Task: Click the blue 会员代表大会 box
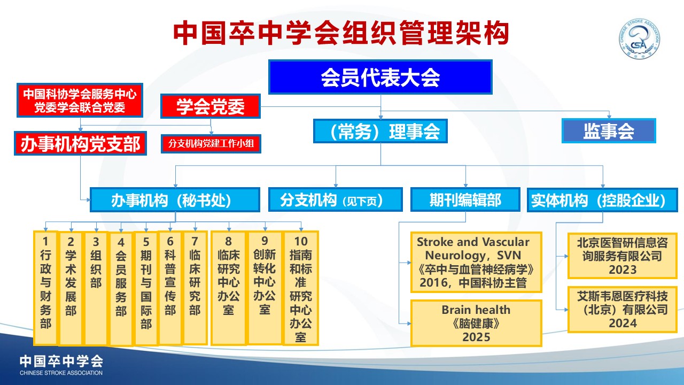click(380, 77)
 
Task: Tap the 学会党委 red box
click(211, 106)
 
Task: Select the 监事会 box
click(609, 131)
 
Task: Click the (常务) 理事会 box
click(380, 131)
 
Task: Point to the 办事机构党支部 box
click(80, 143)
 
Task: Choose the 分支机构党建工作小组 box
click(211, 144)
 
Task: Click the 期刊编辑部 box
click(465, 200)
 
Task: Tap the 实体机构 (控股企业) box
click(602, 200)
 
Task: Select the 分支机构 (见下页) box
click(335, 200)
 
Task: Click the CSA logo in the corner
click(640, 39)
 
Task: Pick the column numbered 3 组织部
click(96, 288)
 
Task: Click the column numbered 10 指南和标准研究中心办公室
click(301, 288)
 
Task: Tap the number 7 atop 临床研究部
click(195, 241)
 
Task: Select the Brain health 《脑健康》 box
click(476, 324)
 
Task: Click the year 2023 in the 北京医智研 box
click(623, 270)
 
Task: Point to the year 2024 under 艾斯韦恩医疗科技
click(623, 324)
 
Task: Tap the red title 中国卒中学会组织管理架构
click(341, 33)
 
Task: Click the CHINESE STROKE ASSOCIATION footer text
click(61, 373)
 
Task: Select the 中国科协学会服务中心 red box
click(80, 100)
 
